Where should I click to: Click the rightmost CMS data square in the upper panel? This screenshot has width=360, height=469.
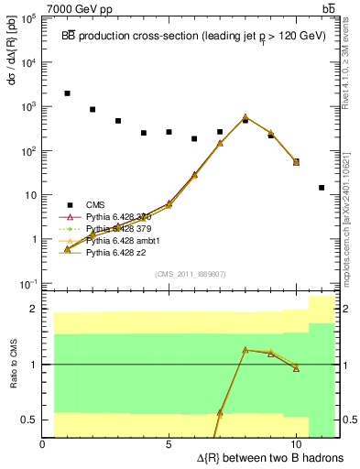(x=322, y=188)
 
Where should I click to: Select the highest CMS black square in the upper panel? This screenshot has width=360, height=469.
(x=67, y=93)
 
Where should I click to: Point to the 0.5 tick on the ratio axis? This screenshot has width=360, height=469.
(x=31, y=420)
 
